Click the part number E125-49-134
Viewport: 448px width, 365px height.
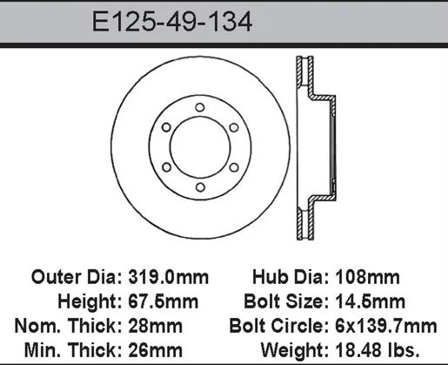(172, 22)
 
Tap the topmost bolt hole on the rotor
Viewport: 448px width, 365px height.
(200, 107)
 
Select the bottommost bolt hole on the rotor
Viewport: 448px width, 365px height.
(200, 187)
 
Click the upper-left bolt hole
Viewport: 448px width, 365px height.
(166, 127)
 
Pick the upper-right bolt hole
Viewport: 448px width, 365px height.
(234, 127)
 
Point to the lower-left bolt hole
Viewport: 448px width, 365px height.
(166, 167)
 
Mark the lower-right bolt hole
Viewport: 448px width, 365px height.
(234, 167)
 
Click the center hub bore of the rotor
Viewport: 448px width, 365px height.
(200, 147)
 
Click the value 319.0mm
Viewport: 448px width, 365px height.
(169, 277)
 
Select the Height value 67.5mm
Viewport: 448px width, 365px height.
(164, 301)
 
